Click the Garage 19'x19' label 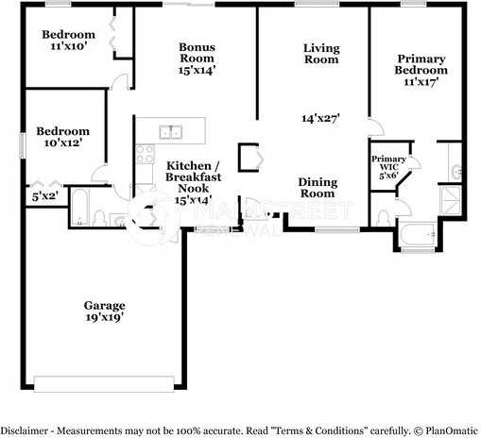(x=105, y=312)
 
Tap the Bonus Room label (x=198, y=53)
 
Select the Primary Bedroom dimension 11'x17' (x=421, y=82)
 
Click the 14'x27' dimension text (x=320, y=118)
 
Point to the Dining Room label (x=318, y=188)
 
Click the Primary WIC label (x=388, y=163)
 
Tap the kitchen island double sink (x=170, y=132)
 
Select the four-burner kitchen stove (x=145, y=154)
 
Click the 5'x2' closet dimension (x=44, y=196)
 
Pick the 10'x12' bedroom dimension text (x=63, y=143)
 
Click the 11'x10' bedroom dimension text (x=69, y=46)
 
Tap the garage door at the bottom (x=104, y=384)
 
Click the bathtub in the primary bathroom (x=418, y=234)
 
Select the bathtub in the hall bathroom (x=79, y=207)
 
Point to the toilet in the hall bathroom (x=99, y=218)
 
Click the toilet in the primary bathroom (x=383, y=218)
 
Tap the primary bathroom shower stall (x=451, y=200)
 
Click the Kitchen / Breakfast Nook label (x=193, y=182)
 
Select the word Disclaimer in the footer (x=25, y=430)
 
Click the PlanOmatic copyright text (x=446, y=430)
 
